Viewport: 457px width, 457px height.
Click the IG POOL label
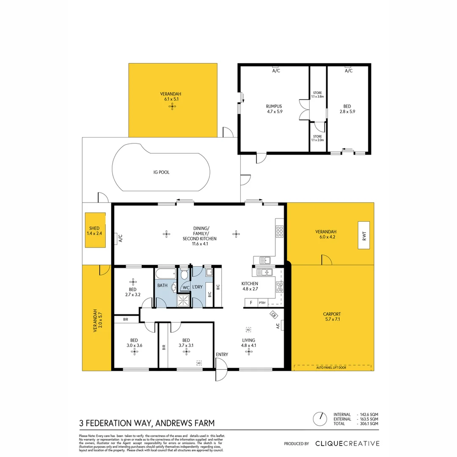point(161,172)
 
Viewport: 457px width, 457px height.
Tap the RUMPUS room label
point(274,109)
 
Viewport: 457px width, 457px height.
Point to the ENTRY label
point(221,355)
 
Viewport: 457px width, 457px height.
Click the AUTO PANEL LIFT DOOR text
point(331,368)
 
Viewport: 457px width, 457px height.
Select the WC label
point(185,288)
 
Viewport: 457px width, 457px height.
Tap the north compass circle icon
point(320,418)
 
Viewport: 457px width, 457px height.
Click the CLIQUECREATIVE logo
point(347,443)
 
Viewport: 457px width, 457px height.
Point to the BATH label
point(162,286)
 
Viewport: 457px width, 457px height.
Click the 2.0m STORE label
point(317,138)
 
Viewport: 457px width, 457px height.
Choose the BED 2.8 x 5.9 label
point(349,109)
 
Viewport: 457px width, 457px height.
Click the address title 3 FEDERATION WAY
point(147,423)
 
